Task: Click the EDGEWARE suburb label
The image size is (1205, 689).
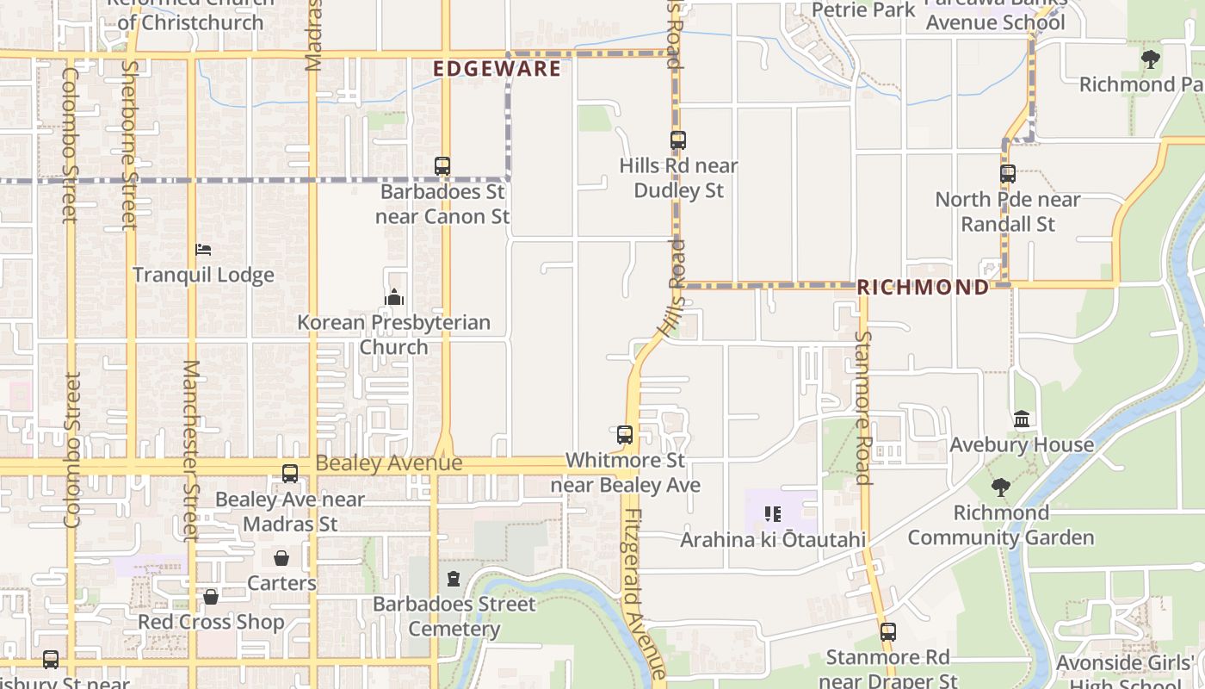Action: [x=497, y=69]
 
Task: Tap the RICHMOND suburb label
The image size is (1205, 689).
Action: [x=923, y=288]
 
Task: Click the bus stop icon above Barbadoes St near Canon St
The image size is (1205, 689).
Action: [x=442, y=166]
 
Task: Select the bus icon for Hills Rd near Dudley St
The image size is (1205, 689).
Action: [x=678, y=140]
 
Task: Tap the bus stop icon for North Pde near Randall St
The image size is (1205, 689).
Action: [x=1008, y=174]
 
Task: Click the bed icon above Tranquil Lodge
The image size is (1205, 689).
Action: [x=203, y=250]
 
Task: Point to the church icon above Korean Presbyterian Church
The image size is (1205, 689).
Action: [x=394, y=297]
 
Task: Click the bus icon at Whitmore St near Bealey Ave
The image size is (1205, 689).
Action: [x=625, y=435]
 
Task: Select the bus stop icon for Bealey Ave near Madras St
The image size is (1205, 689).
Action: [x=290, y=474]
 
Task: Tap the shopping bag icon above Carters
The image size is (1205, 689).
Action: [x=281, y=558]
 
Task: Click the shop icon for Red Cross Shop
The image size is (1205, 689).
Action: [x=211, y=597]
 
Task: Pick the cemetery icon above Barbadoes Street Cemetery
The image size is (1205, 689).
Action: [x=454, y=579]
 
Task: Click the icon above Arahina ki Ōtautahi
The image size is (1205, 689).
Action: [x=773, y=514]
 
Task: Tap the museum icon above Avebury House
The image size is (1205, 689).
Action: [x=1022, y=419]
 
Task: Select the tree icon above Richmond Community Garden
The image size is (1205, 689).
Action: [x=1000, y=487]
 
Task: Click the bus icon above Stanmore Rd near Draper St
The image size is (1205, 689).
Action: [x=888, y=632]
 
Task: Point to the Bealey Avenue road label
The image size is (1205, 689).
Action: [x=388, y=463]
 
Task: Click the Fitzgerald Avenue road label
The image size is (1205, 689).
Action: [x=644, y=594]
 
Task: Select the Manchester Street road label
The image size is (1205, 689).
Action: [x=190, y=450]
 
